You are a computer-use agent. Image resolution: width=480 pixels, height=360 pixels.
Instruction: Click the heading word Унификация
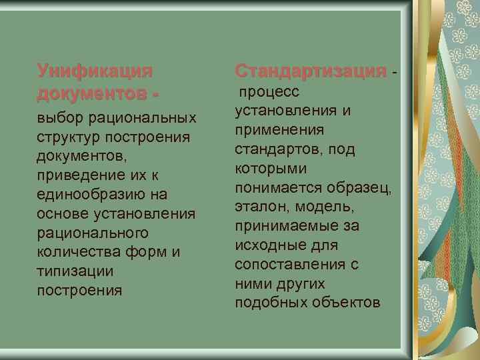tap(95, 70)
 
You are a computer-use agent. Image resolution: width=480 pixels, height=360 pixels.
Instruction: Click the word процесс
tap(269, 91)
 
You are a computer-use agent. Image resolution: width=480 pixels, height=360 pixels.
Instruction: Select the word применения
tap(280, 129)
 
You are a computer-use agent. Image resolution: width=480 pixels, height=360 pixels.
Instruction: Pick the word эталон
tap(261, 207)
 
